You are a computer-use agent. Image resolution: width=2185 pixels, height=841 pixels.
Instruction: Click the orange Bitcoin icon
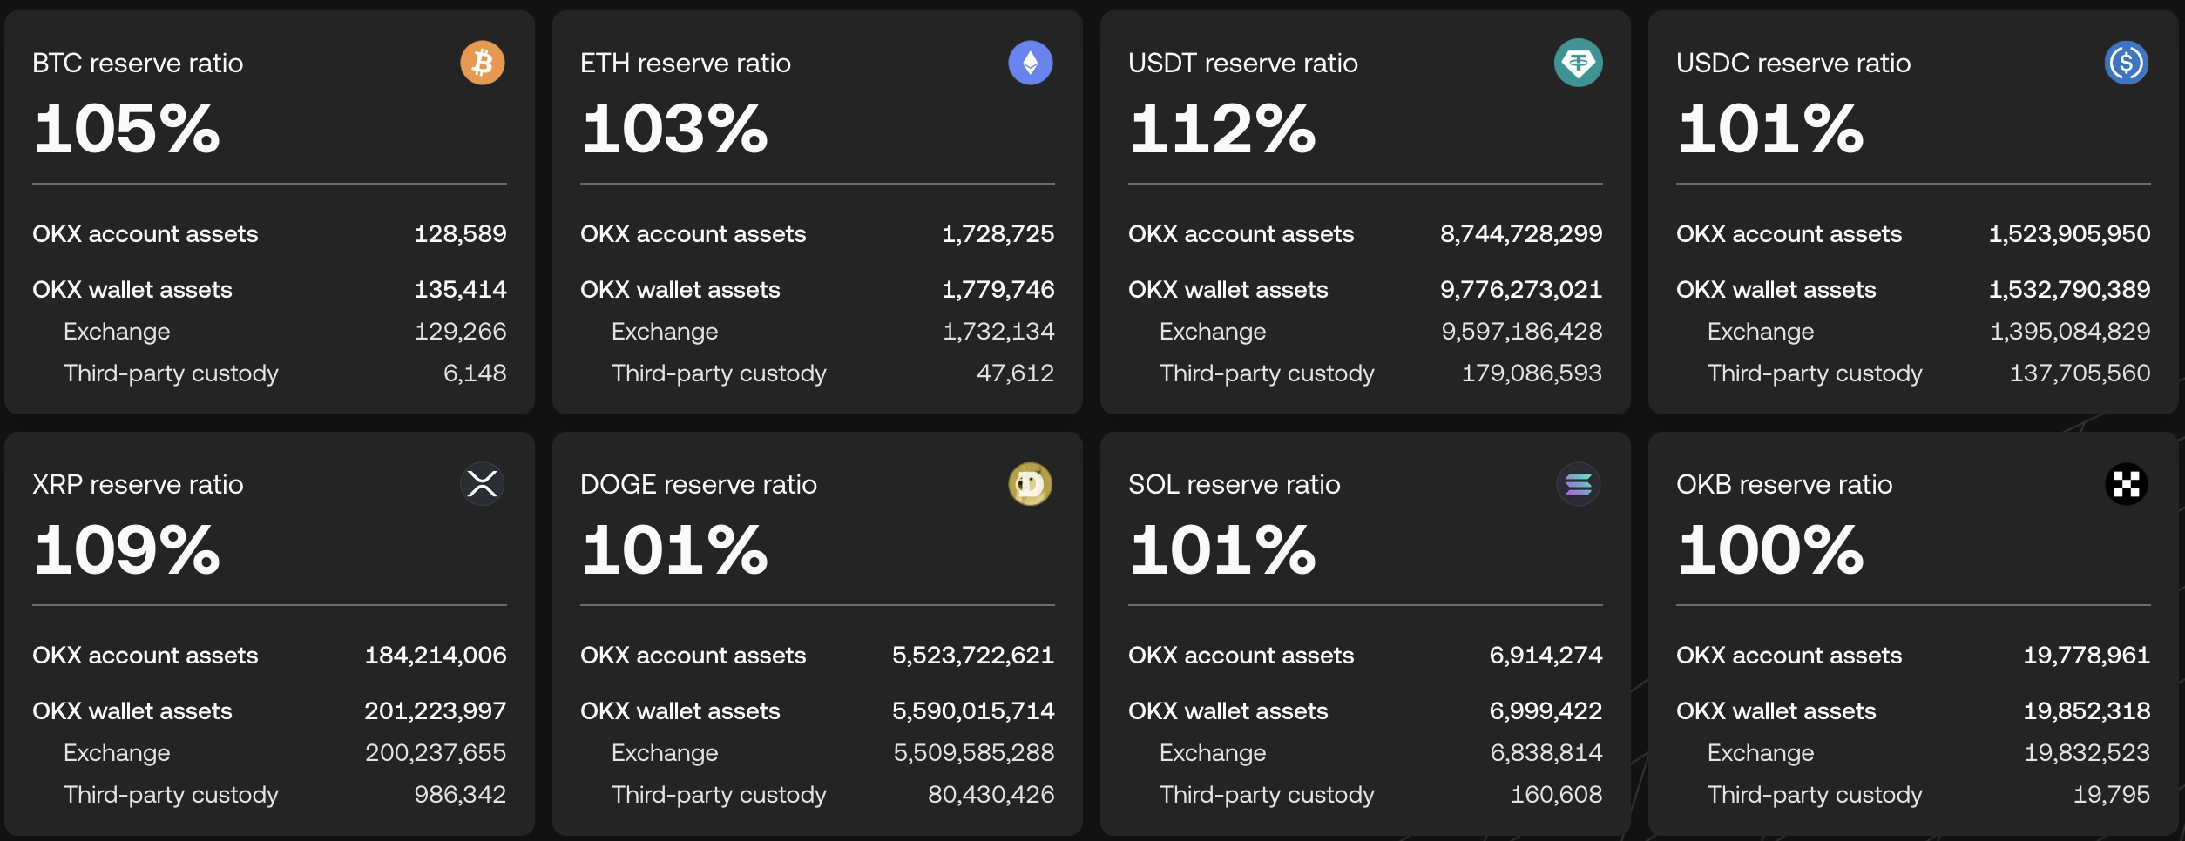pos(483,63)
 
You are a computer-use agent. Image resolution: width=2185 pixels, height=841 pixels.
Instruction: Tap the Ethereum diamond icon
pos(1031,63)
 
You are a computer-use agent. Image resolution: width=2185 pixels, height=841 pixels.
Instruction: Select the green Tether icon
pos(1579,63)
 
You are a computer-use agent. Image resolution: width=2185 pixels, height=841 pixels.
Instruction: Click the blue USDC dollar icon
pos(2127,63)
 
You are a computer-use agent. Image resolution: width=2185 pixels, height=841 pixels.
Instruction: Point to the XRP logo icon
pos(483,484)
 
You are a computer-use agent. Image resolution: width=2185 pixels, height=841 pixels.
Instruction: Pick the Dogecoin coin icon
pos(1031,484)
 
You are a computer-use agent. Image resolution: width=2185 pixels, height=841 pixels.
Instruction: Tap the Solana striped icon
pos(1579,484)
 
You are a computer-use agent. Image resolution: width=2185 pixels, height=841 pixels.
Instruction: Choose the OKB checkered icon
pos(2127,484)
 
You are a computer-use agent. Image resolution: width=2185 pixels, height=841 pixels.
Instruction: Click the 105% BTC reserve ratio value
pos(127,129)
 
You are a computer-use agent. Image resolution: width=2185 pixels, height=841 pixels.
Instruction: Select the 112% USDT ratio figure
pos(1222,129)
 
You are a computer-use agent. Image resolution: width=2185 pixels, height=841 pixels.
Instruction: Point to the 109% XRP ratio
pos(127,550)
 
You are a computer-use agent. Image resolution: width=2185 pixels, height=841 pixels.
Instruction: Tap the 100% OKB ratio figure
pos(1770,550)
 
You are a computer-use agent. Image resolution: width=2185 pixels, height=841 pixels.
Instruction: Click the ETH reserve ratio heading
pos(686,63)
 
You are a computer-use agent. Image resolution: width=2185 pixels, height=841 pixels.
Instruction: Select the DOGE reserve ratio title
pos(699,484)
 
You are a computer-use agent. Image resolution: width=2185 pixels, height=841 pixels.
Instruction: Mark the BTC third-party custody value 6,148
pos(475,373)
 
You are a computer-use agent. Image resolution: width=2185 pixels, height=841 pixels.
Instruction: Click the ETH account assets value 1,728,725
pos(998,234)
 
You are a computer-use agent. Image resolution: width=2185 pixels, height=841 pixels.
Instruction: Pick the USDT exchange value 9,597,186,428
pos(1522,332)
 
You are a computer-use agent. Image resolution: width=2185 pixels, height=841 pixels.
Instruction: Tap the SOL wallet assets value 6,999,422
pos(1546,711)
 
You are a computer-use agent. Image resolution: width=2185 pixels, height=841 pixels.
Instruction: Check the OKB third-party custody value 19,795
pos(2112,795)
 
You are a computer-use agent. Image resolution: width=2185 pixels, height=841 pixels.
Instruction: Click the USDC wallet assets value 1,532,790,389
pos(2070,290)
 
